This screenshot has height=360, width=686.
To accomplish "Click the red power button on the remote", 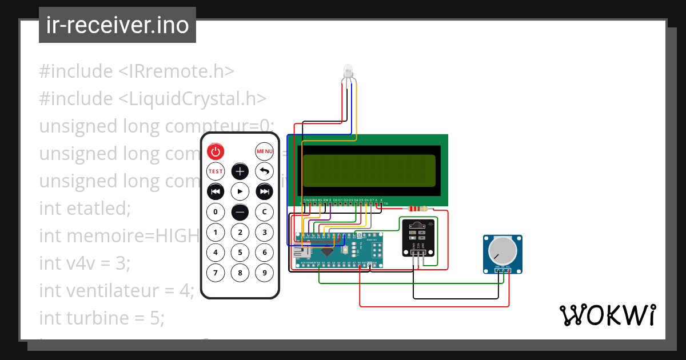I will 216,151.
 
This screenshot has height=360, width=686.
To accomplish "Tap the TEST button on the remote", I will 216,171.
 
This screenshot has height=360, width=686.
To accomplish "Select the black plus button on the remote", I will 240,171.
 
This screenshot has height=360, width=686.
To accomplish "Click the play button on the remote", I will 240,191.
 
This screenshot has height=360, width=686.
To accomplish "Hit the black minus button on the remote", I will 240,212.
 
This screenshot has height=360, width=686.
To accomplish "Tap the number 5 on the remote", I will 240,252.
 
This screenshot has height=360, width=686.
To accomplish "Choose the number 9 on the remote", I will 264,273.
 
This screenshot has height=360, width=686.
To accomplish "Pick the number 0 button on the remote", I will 216,212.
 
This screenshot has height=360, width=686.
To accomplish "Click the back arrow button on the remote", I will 264,171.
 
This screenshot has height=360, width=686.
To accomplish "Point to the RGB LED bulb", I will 348,72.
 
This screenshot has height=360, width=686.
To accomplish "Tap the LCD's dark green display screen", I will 371,170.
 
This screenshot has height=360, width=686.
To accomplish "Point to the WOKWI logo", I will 607,315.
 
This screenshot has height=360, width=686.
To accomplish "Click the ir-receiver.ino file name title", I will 118,26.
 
